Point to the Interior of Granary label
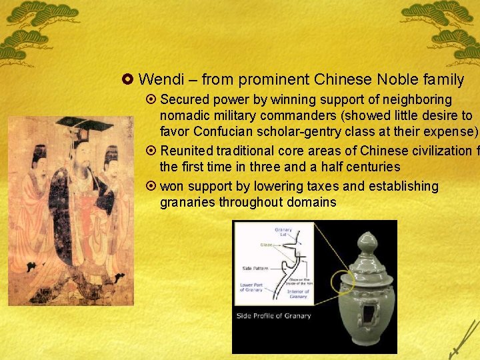coord(298,294)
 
